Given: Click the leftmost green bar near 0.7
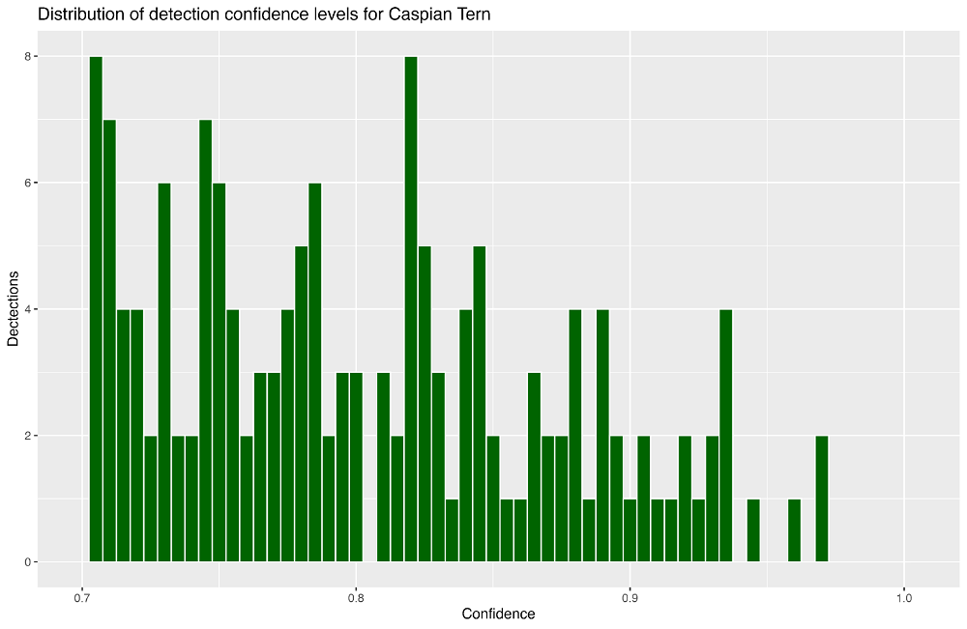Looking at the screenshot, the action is [96, 308].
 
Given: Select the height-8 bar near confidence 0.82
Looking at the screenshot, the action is [411, 308].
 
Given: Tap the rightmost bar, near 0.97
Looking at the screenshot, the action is [821, 499].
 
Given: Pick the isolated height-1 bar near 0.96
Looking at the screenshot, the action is [794, 529].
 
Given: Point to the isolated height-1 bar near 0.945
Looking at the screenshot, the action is [753, 529].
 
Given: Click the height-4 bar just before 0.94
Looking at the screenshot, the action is [726, 436].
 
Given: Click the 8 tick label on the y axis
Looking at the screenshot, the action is [27, 57].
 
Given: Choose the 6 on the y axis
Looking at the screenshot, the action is [27, 183].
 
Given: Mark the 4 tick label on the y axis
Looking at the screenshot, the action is [27, 309].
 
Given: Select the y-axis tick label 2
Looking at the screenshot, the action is [27, 436].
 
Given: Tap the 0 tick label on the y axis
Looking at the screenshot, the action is [27, 562].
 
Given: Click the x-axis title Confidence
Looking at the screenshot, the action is [498, 614].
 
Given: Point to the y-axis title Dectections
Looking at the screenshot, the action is [13, 308].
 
